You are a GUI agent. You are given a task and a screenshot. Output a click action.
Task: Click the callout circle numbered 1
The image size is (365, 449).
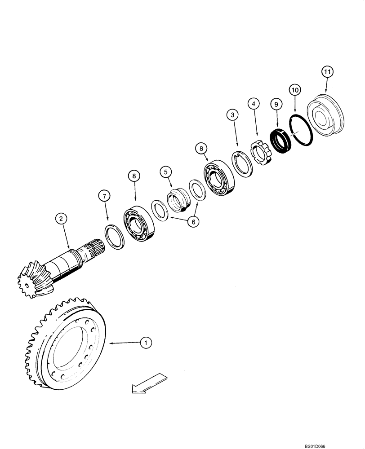pos(145,343)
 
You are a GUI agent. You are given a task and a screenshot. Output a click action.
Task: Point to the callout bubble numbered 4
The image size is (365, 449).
pos(254,104)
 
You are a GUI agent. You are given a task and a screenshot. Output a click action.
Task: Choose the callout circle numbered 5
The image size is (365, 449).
pos(165,172)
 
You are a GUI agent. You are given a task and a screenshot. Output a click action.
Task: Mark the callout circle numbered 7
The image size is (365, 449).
pos(104,196)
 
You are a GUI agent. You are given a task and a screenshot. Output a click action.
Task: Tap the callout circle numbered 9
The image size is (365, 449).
pos(276,104)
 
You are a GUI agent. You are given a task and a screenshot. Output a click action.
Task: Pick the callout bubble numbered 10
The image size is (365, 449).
pos(294,90)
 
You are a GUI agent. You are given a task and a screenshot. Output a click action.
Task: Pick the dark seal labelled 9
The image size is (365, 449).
pos(280,139)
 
